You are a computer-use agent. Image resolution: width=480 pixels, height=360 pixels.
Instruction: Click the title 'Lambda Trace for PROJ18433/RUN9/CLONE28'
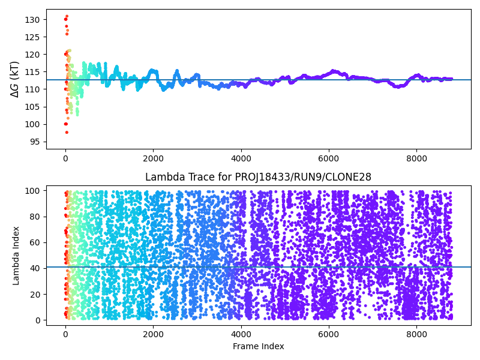(x=258, y=177)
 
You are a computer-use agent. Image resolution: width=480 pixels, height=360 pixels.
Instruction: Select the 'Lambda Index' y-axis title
(x=16, y=255)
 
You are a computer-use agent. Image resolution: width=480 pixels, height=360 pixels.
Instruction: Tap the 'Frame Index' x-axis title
(x=258, y=346)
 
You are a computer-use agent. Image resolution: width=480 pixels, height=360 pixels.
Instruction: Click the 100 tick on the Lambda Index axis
(x=34, y=190)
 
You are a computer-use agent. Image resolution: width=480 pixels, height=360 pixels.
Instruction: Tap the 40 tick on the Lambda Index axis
(x=35, y=268)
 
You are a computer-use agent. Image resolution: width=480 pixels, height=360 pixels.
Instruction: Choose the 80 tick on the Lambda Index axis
(x=35, y=217)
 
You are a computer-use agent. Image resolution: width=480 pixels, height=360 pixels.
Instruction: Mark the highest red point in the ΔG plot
(x=67, y=16)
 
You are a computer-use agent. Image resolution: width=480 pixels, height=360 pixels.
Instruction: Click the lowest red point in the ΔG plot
(x=67, y=132)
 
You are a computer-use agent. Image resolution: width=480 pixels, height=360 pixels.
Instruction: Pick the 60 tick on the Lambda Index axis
(x=35, y=242)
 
